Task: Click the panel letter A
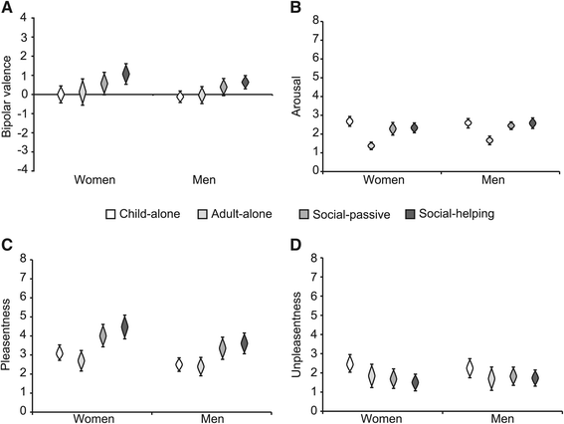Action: tap(6, 8)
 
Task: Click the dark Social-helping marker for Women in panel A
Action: tap(125, 75)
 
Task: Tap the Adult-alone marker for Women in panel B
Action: tap(372, 145)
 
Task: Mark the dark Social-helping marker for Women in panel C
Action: tap(125, 327)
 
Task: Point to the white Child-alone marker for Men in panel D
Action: tap(470, 368)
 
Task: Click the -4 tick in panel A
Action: tap(32, 169)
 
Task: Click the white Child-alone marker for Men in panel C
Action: tap(180, 364)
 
